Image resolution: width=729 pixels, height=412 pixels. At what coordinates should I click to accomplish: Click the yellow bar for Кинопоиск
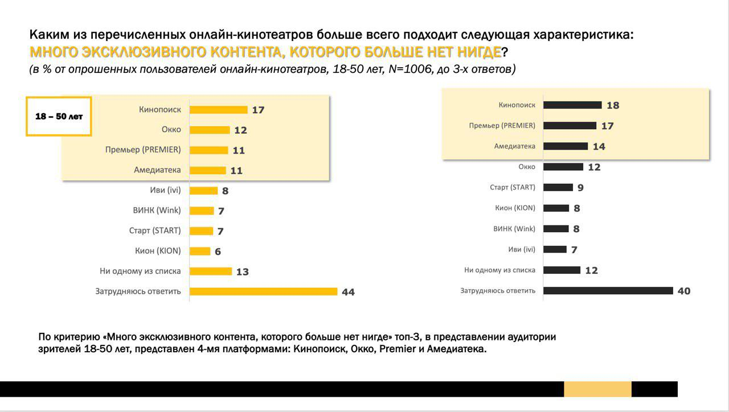tap(218, 109)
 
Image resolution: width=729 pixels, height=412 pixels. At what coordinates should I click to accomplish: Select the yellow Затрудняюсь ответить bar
tap(263, 291)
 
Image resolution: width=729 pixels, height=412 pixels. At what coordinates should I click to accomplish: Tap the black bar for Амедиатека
tap(565, 146)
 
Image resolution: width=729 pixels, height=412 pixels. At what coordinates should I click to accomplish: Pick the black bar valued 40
tap(608, 291)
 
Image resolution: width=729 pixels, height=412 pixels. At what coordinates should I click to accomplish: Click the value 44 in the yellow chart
tap(348, 292)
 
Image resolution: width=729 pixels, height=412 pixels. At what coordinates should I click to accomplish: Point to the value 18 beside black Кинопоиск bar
tap(613, 105)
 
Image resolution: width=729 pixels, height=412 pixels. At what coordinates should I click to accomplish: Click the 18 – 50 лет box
tap(59, 116)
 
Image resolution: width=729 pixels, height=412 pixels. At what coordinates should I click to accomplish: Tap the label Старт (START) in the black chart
tap(513, 187)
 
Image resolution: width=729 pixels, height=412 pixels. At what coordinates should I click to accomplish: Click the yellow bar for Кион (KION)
tap(200, 251)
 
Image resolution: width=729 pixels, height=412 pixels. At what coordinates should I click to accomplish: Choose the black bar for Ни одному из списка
tap(562, 270)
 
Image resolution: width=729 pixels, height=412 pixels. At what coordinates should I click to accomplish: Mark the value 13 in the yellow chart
tap(242, 272)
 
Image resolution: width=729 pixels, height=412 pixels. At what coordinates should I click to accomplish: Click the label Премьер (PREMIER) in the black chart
tap(502, 125)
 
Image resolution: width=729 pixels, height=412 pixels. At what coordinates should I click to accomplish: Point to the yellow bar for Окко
tap(210, 130)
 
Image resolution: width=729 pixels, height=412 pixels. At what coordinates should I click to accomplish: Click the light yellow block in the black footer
tap(597, 389)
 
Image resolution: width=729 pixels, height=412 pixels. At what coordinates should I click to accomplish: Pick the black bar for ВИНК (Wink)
tap(556, 229)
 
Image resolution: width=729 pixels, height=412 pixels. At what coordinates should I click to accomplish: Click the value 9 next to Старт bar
tap(580, 188)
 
